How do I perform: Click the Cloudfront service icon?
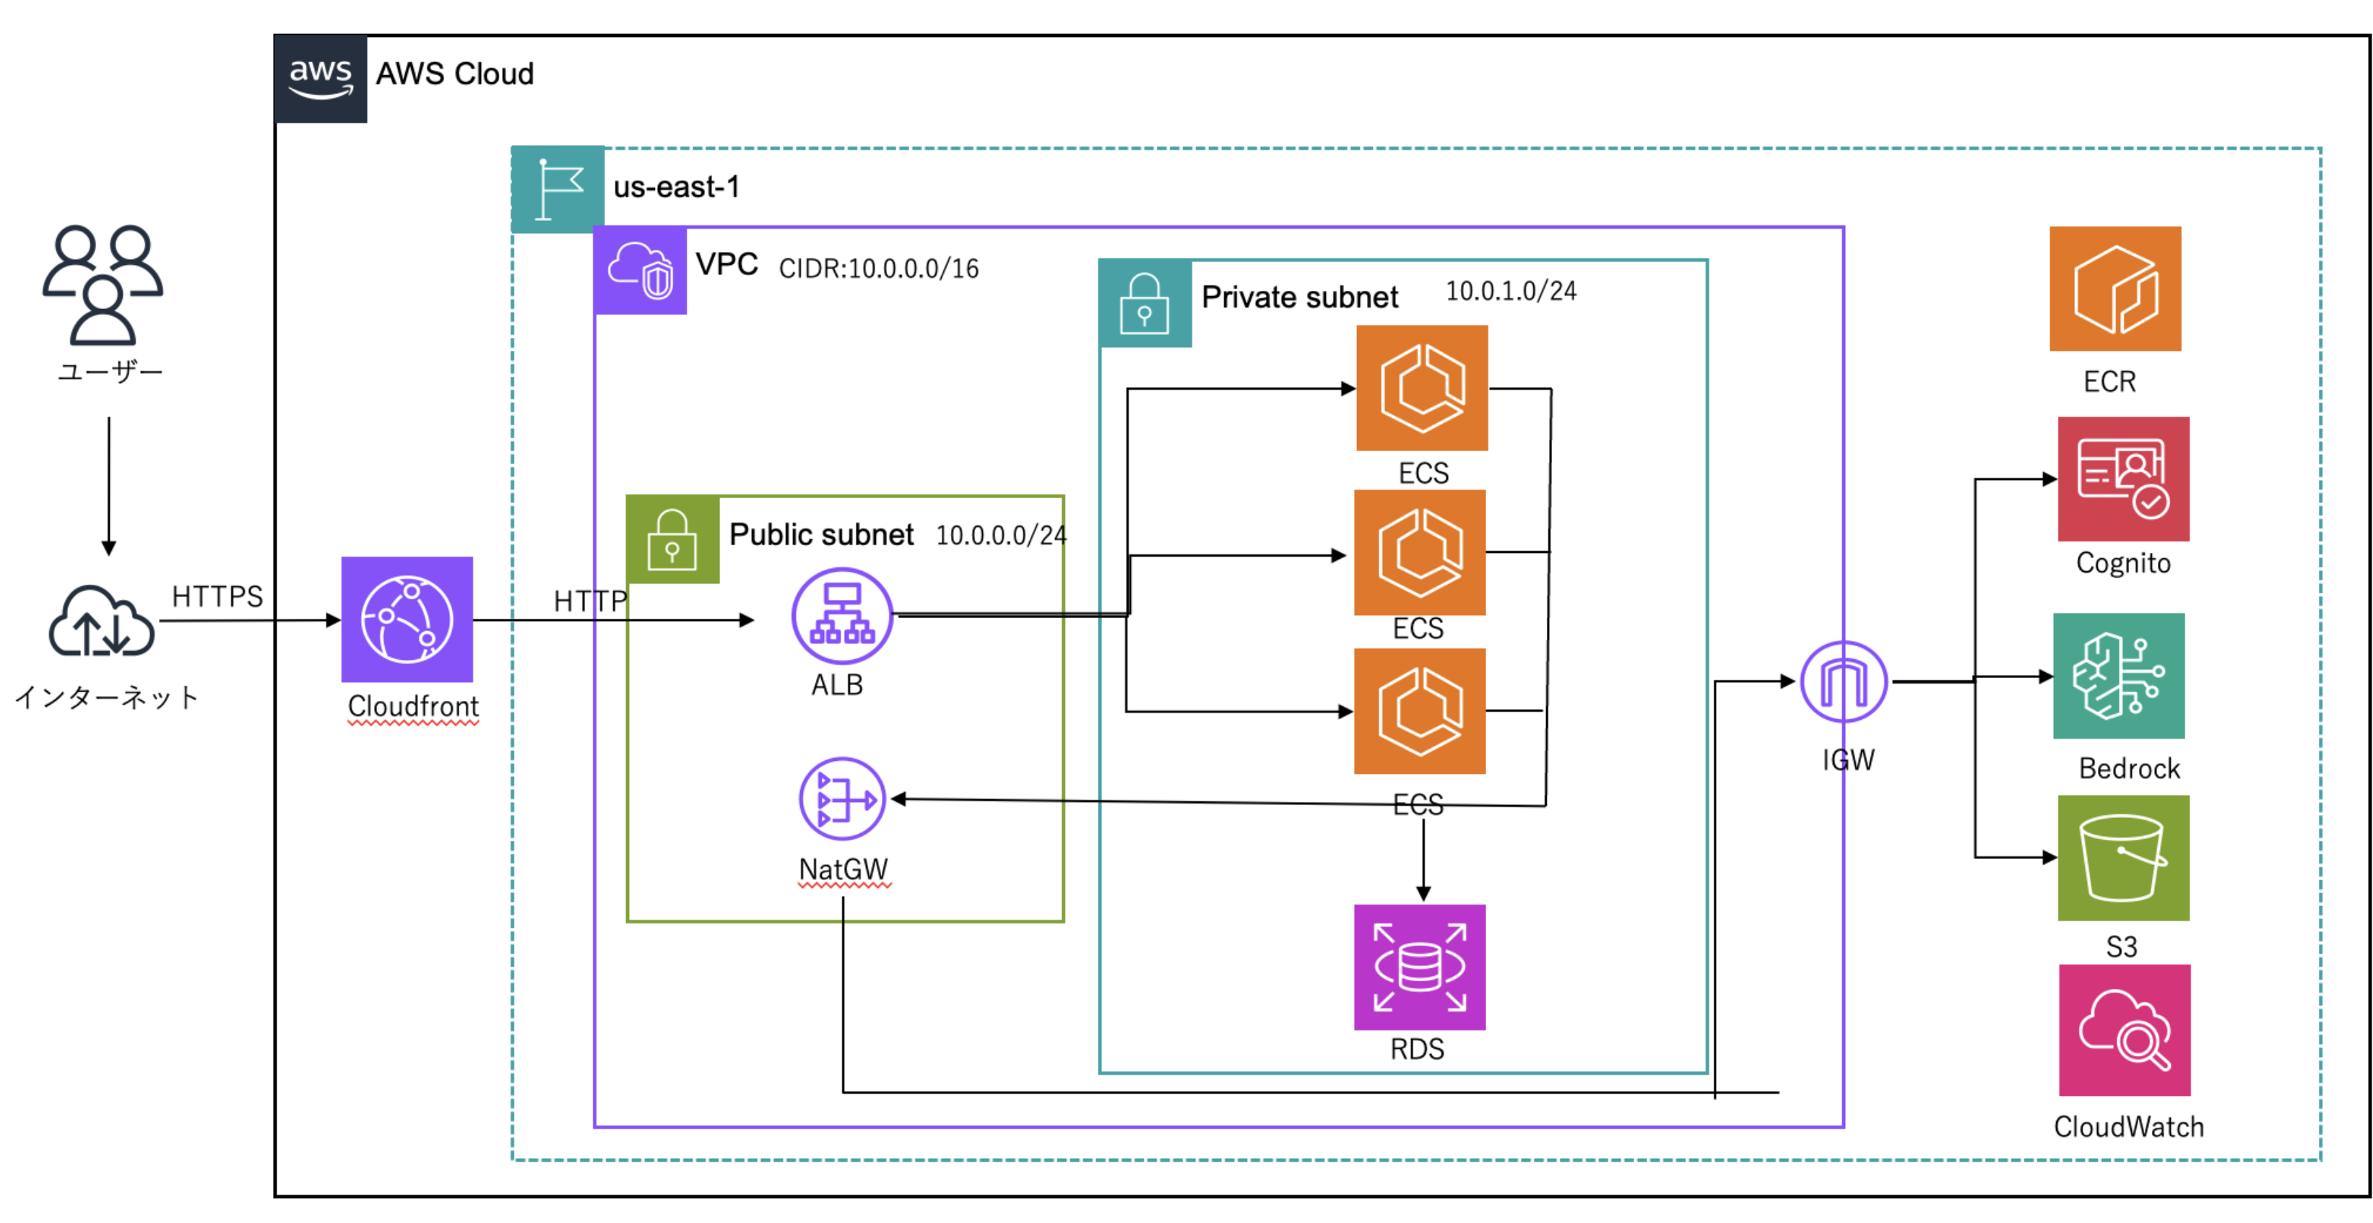[407, 619]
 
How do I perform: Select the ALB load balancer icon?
[841, 615]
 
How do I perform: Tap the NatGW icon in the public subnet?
[842, 798]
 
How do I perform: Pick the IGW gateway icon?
[1844, 682]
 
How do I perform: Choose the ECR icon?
[2114, 288]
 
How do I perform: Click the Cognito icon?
[2122, 479]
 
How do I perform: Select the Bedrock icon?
[2118, 675]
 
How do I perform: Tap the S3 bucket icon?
[2122, 858]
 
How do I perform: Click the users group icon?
[103, 283]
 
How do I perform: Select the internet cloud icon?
[100, 621]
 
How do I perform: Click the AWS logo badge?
[321, 78]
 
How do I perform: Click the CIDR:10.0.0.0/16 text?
[878, 268]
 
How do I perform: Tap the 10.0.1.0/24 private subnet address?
[1510, 291]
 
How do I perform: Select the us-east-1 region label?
[676, 187]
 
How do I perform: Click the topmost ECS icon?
[1421, 387]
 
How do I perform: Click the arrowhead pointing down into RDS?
[1423, 892]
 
